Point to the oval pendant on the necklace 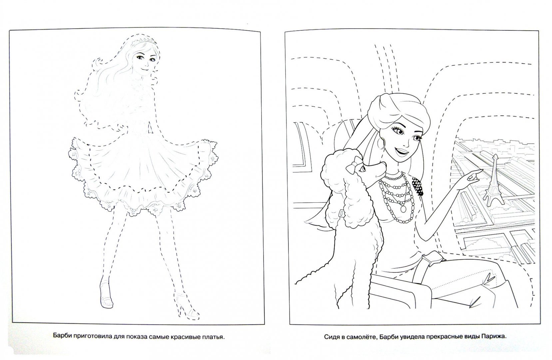[x=403, y=209]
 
